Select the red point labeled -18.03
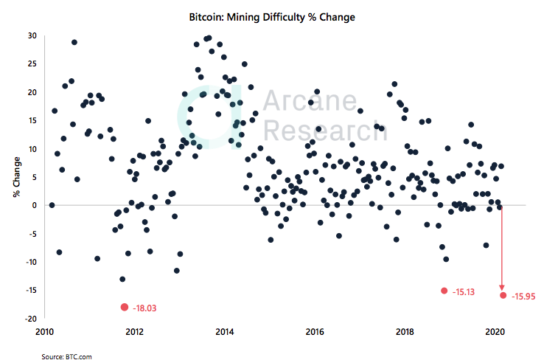pos(124,307)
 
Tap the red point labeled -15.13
pos(444,291)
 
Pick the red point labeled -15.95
pos(503,295)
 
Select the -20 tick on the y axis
pos(29,319)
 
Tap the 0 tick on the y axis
pos(34,205)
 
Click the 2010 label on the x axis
pos(45,331)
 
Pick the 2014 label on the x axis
pos(225,331)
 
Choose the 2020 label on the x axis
pos(495,331)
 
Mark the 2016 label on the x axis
pos(315,331)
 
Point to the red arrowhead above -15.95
pos(503,286)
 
